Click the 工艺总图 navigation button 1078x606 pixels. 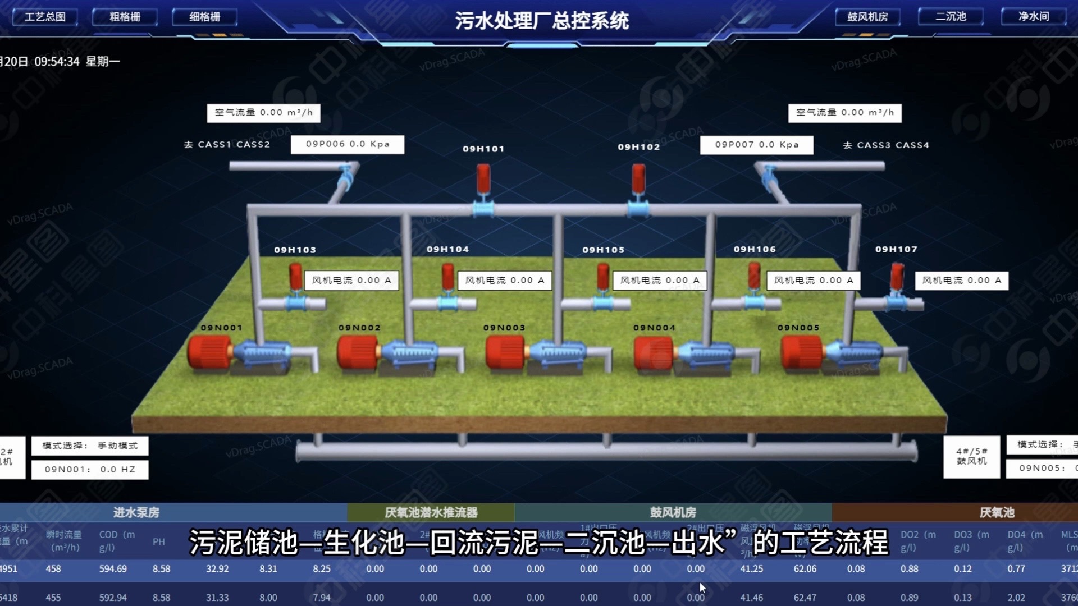(45, 17)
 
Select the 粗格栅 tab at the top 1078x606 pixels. (125, 17)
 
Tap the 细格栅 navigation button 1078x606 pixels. (204, 17)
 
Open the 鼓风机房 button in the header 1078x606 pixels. (867, 17)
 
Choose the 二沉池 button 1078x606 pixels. (951, 16)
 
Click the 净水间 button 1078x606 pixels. (1034, 16)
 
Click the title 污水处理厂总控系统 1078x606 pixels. (541, 21)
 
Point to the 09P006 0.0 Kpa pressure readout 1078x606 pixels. (347, 144)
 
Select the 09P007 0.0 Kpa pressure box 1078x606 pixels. (756, 145)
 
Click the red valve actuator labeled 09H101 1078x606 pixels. (483, 178)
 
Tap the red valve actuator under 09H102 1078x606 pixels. (638, 178)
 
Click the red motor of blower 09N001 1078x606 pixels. (209, 352)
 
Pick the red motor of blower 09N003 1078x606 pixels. (505, 352)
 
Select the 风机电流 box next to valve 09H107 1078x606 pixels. (961, 281)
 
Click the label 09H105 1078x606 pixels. (603, 250)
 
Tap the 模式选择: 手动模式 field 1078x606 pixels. (90, 446)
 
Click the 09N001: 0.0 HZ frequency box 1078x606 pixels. (90, 469)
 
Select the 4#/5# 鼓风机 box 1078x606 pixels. (971, 456)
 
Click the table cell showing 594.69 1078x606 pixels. (113, 568)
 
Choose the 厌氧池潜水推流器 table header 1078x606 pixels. (431, 512)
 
